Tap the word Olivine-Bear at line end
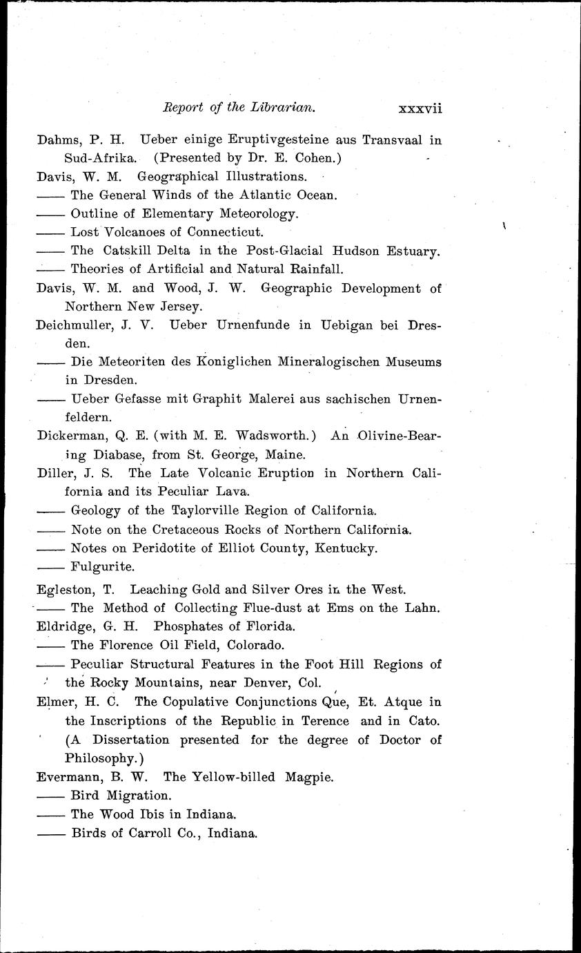400,436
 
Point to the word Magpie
306,777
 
